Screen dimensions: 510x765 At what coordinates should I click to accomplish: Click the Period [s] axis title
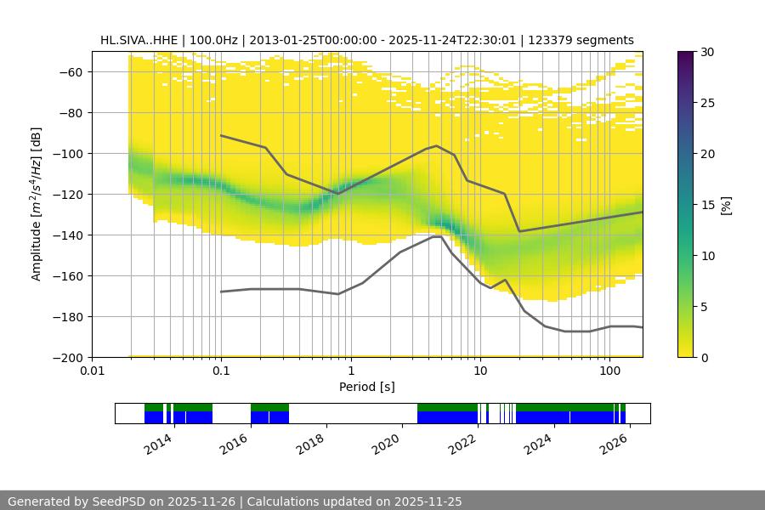click(366, 388)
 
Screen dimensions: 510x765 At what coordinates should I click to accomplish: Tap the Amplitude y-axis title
click(37, 204)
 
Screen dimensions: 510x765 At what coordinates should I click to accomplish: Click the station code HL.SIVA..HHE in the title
click(139, 40)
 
